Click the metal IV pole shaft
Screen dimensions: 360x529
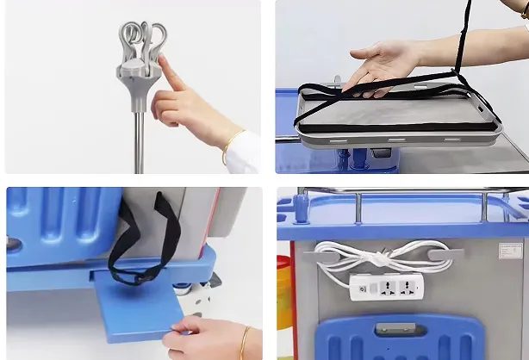pyautogui.click(x=139, y=138)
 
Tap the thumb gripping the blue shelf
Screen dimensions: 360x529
pyautogui.click(x=185, y=326)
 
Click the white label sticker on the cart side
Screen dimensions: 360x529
pyautogui.click(x=509, y=251)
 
